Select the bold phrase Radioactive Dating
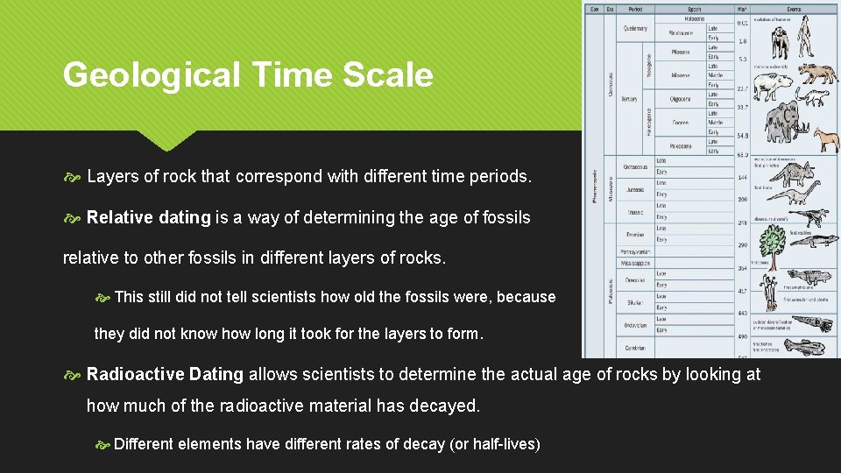pos(165,375)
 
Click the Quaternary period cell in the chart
pos(636,28)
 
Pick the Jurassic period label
pos(634,188)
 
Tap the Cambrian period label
pos(634,349)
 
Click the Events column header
pos(794,9)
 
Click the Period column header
pos(635,9)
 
